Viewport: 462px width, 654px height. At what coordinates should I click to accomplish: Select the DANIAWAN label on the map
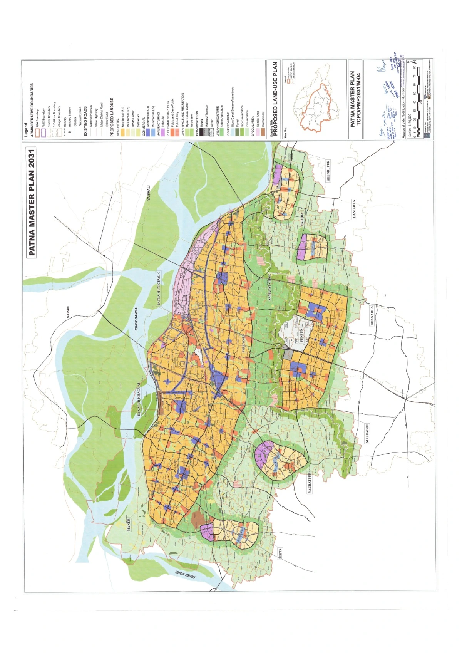pos(354,209)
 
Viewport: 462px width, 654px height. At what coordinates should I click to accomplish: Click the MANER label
pos(129,525)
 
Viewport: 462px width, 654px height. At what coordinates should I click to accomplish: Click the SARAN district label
pos(68,312)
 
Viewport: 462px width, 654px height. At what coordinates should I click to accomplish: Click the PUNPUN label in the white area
pos(302,334)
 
